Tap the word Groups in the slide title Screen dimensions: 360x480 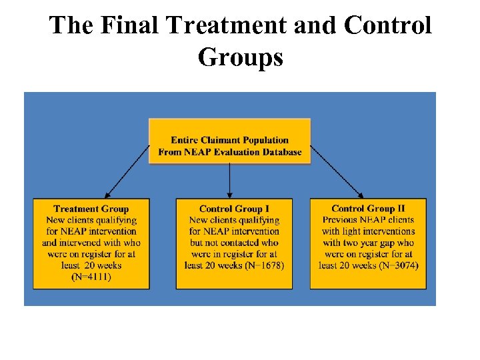click(240, 57)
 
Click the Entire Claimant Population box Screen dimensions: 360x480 click(229, 141)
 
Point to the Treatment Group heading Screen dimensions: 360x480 click(91, 209)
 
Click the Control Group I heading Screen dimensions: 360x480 click(234, 209)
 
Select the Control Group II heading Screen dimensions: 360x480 click(367, 209)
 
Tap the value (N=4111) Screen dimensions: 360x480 click(91, 277)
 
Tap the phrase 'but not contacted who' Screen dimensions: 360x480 click(234, 243)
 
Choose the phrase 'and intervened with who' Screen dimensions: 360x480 click(91, 243)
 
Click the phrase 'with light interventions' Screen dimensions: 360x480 click(367, 231)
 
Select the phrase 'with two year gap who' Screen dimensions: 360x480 click(367, 243)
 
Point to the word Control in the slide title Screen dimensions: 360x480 click(387, 26)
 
